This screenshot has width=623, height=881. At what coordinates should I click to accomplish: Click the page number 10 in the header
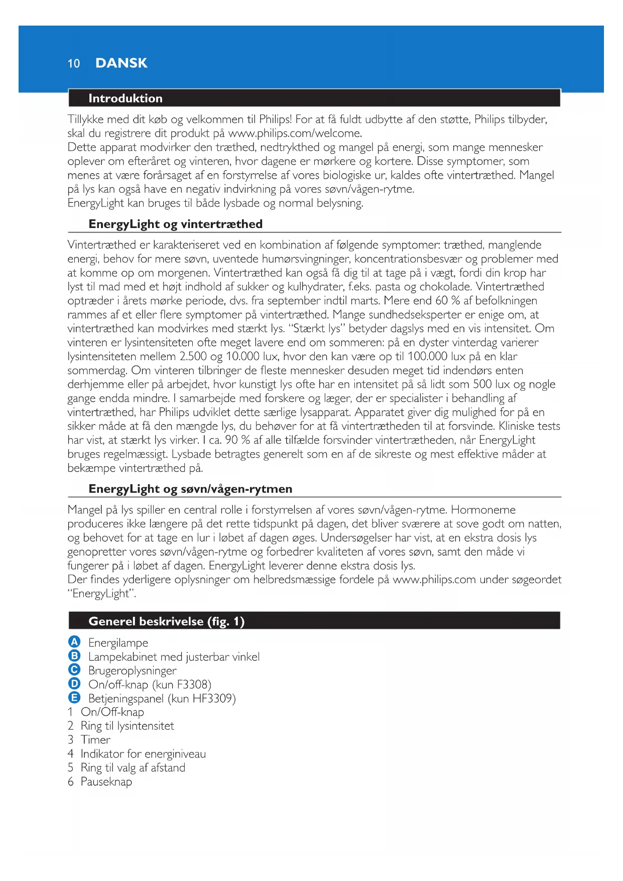click(x=74, y=63)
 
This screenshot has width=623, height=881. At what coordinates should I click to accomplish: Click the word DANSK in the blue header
click(x=121, y=63)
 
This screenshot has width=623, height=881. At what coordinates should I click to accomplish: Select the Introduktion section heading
click(x=125, y=98)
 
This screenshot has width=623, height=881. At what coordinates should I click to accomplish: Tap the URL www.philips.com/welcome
click(x=294, y=133)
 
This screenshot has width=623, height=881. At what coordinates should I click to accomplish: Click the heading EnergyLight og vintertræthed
click(x=175, y=224)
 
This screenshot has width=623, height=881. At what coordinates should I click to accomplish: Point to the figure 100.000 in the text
click(x=428, y=356)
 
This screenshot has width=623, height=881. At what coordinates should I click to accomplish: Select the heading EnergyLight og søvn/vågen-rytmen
click(x=190, y=489)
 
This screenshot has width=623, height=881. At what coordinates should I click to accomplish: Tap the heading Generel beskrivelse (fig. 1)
click(x=166, y=621)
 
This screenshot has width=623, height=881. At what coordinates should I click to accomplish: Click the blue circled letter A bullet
click(x=74, y=642)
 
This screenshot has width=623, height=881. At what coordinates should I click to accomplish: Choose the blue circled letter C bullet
click(x=74, y=670)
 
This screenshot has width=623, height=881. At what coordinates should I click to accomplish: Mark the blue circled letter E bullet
click(x=74, y=698)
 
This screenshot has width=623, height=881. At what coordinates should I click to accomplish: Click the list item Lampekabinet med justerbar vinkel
click(x=174, y=656)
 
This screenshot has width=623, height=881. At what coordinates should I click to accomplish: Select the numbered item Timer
click(x=95, y=740)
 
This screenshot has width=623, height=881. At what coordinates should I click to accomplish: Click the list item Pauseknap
click(x=106, y=782)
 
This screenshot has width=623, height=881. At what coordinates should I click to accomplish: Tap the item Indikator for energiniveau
click(x=143, y=754)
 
